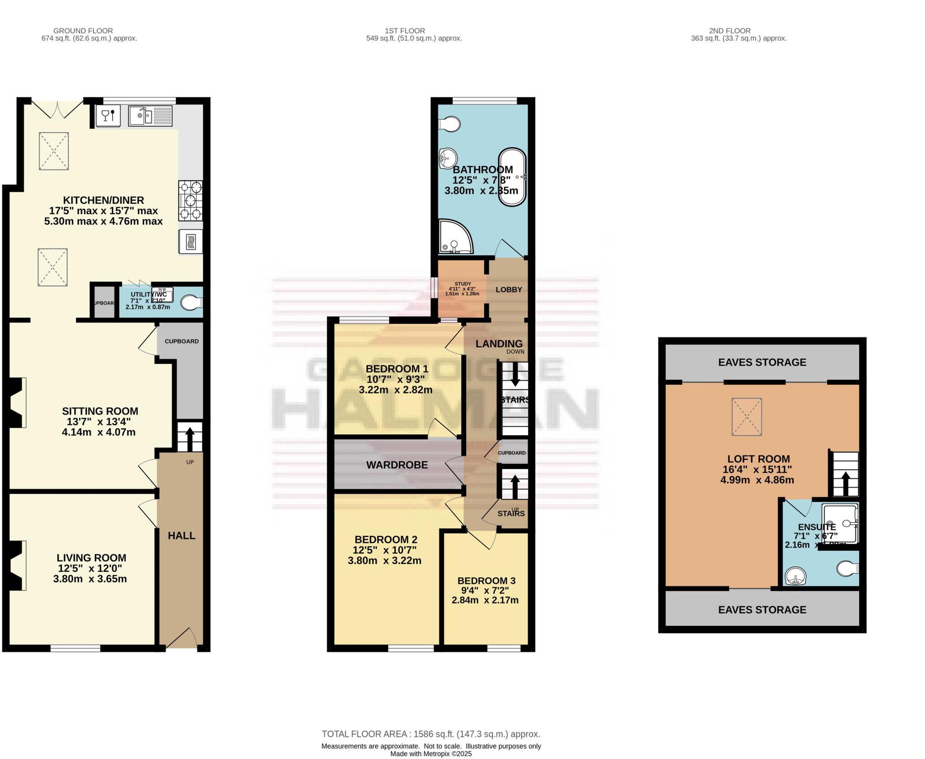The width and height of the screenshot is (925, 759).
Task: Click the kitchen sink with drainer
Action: tap(150, 116)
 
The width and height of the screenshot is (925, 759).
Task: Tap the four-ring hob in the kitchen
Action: tap(190, 200)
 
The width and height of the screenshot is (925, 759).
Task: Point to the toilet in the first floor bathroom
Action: tap(450, 124)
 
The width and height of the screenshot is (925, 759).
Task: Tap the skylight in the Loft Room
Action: tap(747, 416)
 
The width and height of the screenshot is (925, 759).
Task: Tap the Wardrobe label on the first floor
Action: tap(397, 465)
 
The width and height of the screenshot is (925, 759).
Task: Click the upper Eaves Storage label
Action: tap(762, 362)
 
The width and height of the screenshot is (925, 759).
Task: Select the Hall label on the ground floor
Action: tap(182, 536)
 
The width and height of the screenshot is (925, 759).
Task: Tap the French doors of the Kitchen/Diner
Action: tap(57, 108)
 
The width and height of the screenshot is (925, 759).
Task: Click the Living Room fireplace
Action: tap(15, 565)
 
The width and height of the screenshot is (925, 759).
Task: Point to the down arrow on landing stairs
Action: tap(514, 374)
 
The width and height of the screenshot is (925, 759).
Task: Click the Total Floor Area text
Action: tap(430, 734)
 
